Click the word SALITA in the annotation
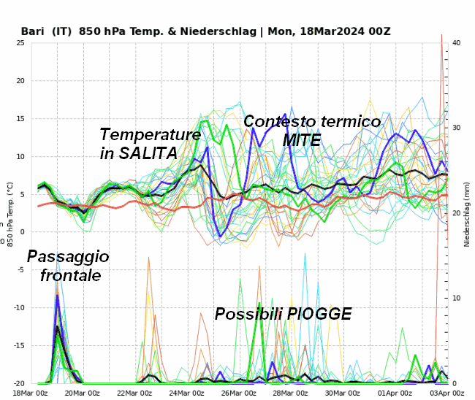pyautogui.click(x=150, y=153)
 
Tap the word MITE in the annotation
pyautogui.click(x=302, y=140)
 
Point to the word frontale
pyautogui.click(x=71, y=275)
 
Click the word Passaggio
pyautogui.click(x=68, y=256)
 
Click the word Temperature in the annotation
pyautogui.click(x=150, y=134)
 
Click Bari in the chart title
pyautogui.click(x=34, y=31)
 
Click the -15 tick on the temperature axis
pyautogui.click(x=18, y=346)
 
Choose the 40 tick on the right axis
pyautogui.click(x=457, y=43)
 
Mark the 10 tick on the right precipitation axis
pyautogui.click(x=457, y=299)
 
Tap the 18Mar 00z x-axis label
pyautogui.click(x=32, y=393)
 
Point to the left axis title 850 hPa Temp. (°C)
pyautogui.click(x=9, y=213)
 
